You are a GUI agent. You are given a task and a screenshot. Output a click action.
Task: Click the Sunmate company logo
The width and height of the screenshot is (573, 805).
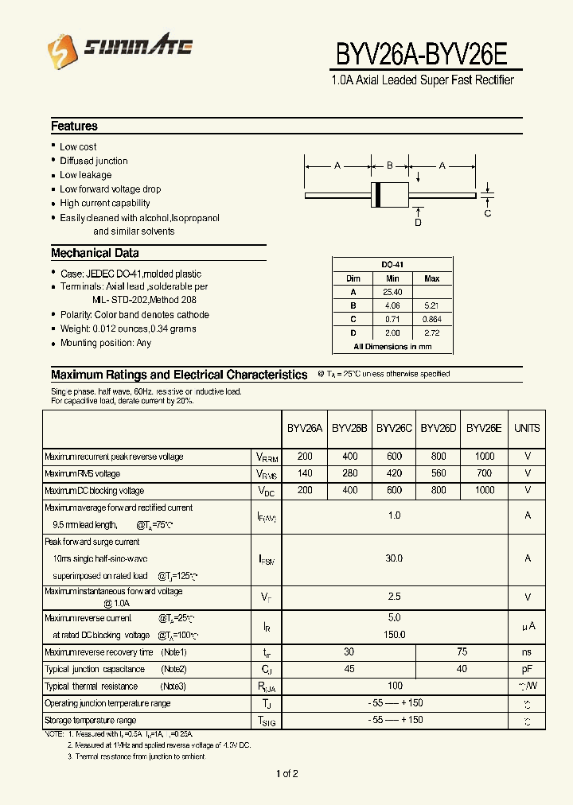tap(120, 49)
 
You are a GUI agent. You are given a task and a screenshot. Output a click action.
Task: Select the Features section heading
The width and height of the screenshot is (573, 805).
tap(74, 126)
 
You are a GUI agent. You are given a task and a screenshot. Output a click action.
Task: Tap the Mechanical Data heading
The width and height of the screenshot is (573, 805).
tap(95, 253)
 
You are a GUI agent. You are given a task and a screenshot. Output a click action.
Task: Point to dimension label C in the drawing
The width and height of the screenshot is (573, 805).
tap(488, 213)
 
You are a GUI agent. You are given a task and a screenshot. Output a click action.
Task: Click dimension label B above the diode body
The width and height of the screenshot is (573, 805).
tap(390, 166)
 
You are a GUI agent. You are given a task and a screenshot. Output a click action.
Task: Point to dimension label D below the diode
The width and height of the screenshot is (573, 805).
tap(418, 223)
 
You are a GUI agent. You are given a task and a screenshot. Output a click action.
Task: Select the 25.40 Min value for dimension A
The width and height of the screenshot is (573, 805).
tap(392, 292)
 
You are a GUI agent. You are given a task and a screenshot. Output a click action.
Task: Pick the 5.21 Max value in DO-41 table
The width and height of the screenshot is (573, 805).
tap(431, 305)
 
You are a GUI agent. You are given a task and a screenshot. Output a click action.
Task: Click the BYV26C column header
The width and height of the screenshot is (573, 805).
tap(394, 428)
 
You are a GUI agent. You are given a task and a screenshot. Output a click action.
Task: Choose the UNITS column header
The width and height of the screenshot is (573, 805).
tap(527, 428)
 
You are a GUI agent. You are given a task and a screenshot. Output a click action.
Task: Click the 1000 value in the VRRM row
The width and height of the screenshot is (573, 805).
tap(484, 457)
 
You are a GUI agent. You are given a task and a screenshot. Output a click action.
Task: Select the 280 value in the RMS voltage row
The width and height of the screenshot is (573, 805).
tap(349, 473)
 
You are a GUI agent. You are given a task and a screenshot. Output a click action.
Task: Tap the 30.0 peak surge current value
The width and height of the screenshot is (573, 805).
tap(394, 558)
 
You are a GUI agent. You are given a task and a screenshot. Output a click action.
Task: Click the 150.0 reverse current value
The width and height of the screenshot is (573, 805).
tap(394, 635)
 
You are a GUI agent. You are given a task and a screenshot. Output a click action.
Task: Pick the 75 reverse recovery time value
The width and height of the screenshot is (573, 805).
tap(462, 651)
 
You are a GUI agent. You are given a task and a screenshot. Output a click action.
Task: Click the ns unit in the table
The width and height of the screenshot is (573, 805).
tap(527, 652)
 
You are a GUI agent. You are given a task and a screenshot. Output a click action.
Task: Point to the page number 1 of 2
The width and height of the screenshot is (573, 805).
tap(286, 774)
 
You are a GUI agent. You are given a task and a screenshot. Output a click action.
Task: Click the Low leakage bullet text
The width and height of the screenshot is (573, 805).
tap(85, 175)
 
